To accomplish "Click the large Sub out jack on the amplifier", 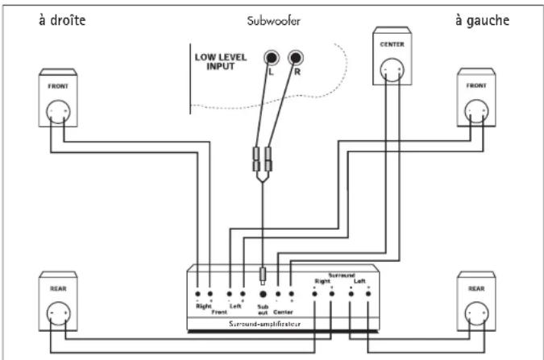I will click(262, 295).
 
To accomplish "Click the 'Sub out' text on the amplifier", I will click(262, 308).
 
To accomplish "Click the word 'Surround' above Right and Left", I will click(340, 274).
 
